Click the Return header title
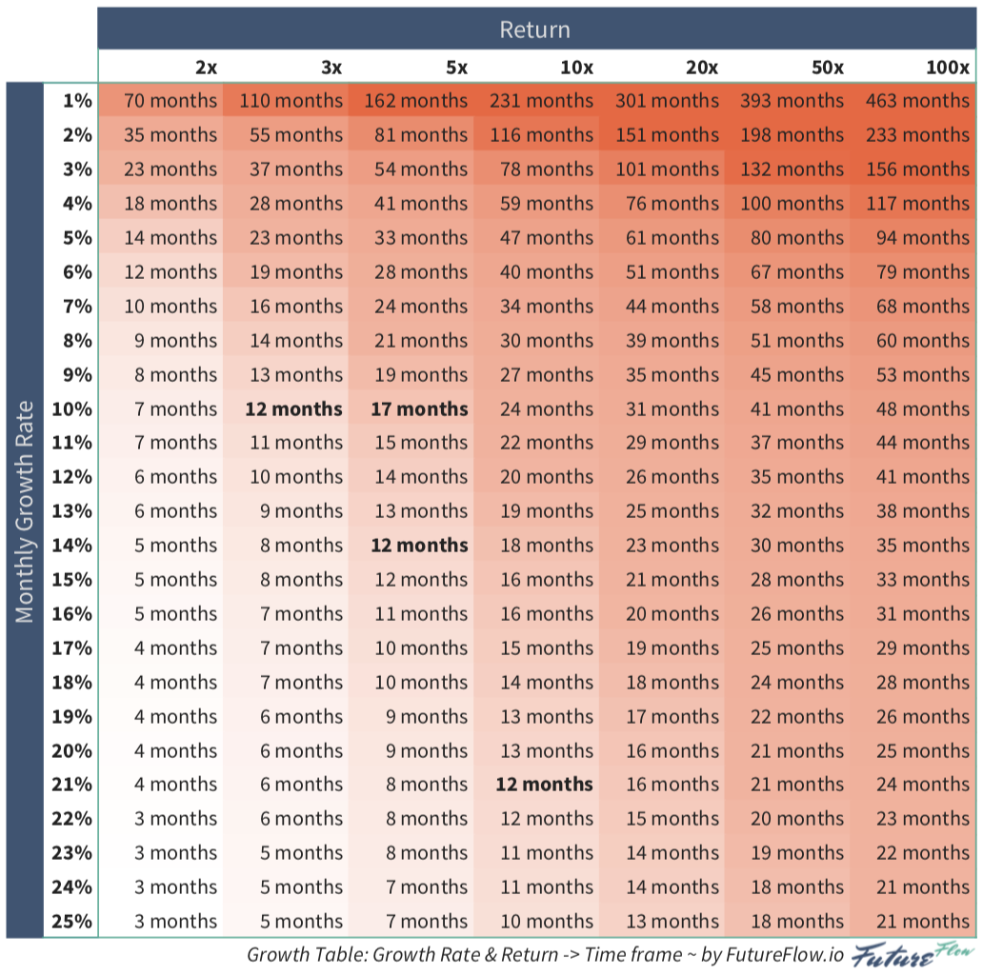click(x=534, y=30)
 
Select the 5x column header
click(x=456, y=68)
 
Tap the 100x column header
click(x=947, y=68)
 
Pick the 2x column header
click(x=206, y=68)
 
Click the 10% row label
click(x=73, y=409)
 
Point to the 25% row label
click(x=73, y=922)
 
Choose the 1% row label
click(x=77, y=101)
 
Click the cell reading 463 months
click(x=917, y=101)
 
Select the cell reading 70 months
click(x=171, y=101)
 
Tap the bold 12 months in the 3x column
click(x=293, y=409)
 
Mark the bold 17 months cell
click(x=420, y=409)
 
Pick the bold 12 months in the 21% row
click(x=544, y=785)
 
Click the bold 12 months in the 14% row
click(x=420, y=546)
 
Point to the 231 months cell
click(x=541, y=101)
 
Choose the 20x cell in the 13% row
click(x=672, y=511)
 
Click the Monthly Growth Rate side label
click(x=25, y=511)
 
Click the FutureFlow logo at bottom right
click(x=913, y=955)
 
